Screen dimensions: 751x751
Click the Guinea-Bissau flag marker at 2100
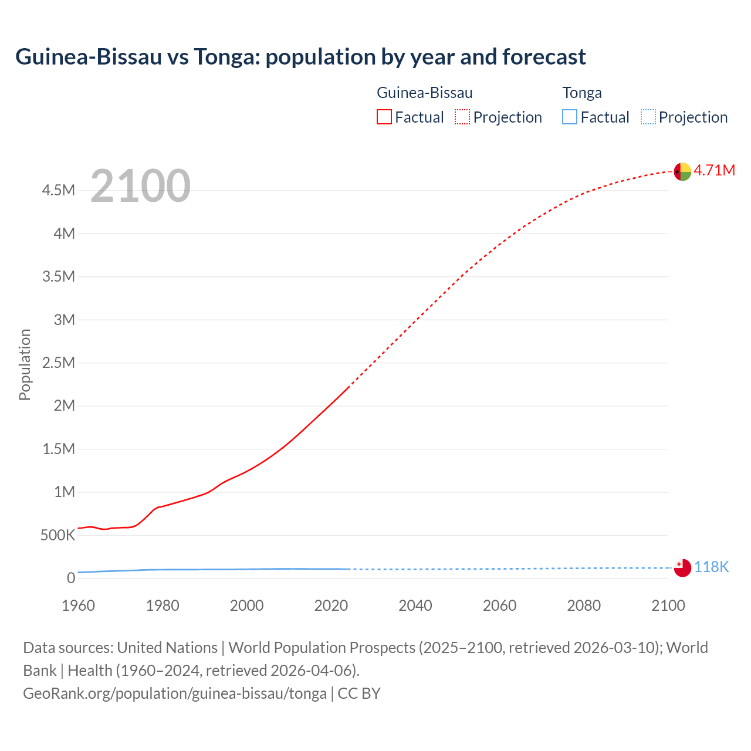[682, 171]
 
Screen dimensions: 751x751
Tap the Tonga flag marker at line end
[682, 568]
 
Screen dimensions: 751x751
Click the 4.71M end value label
[715, 170]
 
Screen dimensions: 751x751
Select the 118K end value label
[712, 567]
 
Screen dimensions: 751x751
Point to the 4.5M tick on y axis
[58, 190]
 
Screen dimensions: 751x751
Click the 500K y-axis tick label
[57, 535]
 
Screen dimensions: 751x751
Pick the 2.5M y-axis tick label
[58, 363]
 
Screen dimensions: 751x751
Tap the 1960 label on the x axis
[78, 605]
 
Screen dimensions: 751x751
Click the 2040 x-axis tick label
[415, 605]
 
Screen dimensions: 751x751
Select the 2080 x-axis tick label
[584, 605]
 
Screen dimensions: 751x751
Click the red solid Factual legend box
[384, 117]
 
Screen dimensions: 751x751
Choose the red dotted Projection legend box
[462, 117]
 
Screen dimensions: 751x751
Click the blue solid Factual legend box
[570, 117]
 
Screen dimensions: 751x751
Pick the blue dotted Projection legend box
[648, 117]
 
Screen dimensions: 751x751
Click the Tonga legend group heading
[582, 93]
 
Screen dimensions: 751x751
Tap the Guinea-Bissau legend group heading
[424, 93]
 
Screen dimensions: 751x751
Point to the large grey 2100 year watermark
[140, 186]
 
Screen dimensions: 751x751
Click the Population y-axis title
[25, 364]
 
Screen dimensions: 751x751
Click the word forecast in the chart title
[543, 57]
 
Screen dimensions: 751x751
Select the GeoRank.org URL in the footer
[175, 693]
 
